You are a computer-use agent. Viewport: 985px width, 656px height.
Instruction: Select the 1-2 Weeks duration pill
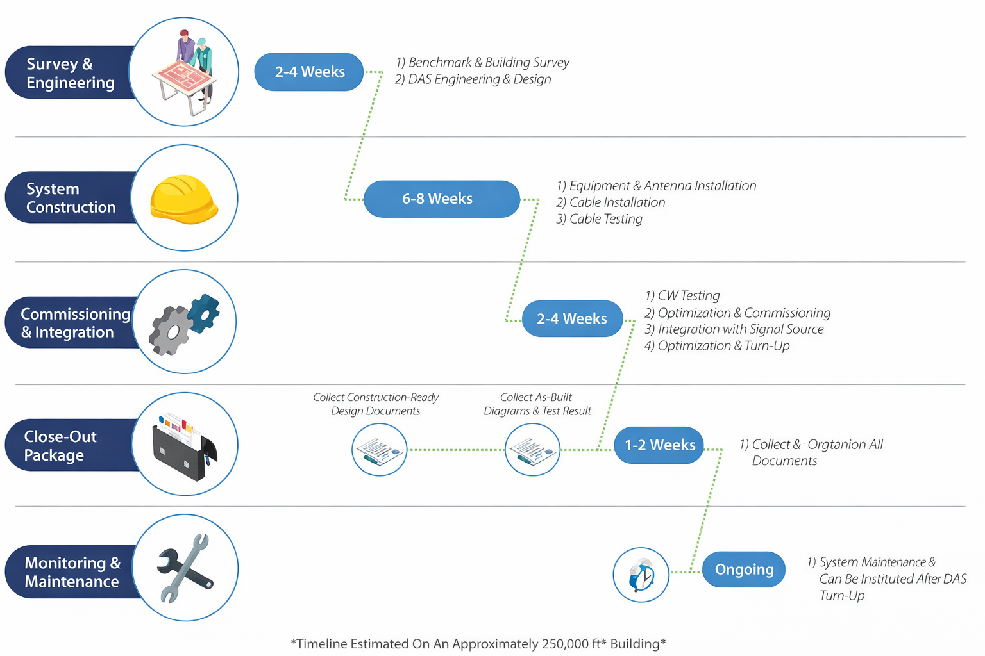click(659, 445)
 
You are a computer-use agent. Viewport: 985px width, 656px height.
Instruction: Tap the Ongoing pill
click(744, 569)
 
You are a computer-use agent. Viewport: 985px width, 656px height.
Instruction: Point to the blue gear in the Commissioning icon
click(203, 313)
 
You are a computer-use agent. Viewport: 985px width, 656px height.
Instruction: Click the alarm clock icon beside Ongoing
click(641, 575)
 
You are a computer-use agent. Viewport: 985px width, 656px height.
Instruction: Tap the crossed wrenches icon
click(185, 568)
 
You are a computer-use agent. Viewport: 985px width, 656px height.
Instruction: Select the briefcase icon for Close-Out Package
click(184, 446)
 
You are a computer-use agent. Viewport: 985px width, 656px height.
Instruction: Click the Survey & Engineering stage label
click(70, 73)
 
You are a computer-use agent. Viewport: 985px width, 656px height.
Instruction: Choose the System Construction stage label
click(71, 198)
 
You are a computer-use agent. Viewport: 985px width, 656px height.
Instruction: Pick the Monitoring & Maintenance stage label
click(72, 571)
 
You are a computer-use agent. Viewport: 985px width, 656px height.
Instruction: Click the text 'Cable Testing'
click(605, 219)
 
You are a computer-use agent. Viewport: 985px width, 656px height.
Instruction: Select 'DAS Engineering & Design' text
click(479, 79)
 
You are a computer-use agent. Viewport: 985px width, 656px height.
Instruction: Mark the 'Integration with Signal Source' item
click(740, 329)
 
